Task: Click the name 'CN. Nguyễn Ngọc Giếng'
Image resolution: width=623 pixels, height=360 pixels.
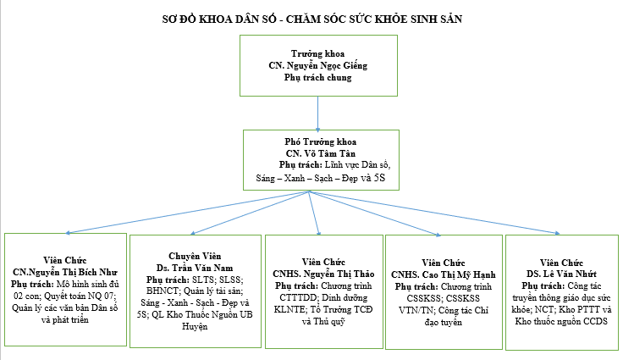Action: coord(317,66)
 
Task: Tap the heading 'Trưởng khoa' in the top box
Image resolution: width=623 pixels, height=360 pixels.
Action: coord(317,54)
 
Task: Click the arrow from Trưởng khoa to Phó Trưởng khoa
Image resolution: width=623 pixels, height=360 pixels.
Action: coord(318,112)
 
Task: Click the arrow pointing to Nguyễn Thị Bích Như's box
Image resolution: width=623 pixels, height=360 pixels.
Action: coord(186,211)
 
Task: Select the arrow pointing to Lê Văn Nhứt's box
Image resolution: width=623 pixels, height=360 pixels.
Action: coord(440,212)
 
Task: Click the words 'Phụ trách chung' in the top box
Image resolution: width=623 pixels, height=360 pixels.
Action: coord(317,78)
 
